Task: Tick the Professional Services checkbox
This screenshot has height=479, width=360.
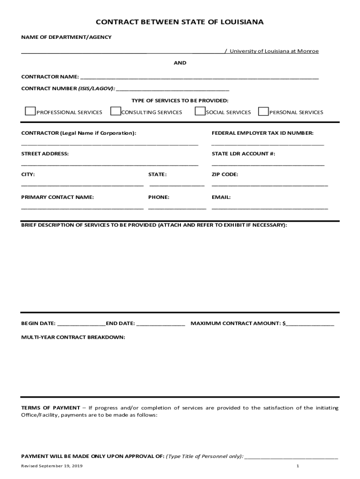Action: [30, 111]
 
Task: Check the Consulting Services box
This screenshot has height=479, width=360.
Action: [115, 111]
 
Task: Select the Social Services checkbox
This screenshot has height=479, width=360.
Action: [200, 111]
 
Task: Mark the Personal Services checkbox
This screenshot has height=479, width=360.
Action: [264, 111]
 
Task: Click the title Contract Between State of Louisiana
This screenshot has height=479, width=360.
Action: [180, 22]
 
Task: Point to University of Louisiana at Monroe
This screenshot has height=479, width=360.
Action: [274, 51]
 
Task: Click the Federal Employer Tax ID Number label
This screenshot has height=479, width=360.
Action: [262, 133]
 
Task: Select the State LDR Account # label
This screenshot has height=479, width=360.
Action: [243, 154]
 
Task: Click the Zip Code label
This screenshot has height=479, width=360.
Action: [225, 174]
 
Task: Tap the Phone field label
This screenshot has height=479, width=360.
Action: [158, 197]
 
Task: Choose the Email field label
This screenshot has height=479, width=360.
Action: [221, 197]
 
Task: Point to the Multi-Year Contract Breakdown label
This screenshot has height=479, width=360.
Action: [73, 337]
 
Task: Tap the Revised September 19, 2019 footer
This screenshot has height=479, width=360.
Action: [52, 466]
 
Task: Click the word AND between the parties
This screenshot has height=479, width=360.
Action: [180, 63]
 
